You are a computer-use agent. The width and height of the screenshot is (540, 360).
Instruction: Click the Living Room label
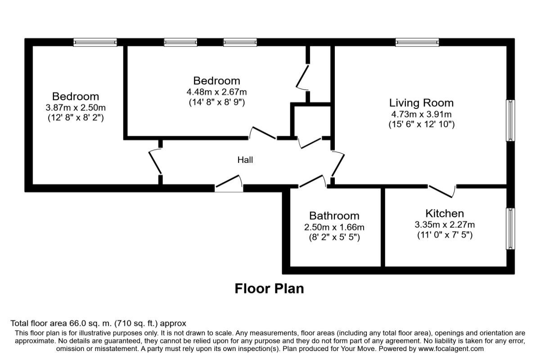(x=421, y=103)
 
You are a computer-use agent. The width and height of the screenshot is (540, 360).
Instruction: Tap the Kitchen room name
(x=444, y=213)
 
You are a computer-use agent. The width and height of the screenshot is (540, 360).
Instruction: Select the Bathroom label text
(x=334, y=216)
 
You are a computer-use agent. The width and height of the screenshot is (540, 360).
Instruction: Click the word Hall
(x=245, y=160)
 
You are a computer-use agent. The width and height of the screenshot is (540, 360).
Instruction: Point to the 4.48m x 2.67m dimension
(x=216, y=92)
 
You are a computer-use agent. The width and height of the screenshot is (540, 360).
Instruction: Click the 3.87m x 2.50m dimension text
(x=76, y=108)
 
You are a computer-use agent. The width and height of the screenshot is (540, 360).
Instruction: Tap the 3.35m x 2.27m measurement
(x=444, y=225)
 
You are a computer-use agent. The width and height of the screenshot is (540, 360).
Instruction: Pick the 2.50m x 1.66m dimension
(x=334, y=227)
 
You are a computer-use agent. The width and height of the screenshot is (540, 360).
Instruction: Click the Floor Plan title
(x=269, y=288)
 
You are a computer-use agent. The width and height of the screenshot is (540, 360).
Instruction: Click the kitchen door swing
(x=442, y=191)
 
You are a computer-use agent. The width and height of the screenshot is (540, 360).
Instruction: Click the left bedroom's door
(x=155, y=162)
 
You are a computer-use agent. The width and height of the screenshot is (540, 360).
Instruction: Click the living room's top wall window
(x=417, y=42)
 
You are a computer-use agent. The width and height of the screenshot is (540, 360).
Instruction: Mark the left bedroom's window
(x=95, y=42)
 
